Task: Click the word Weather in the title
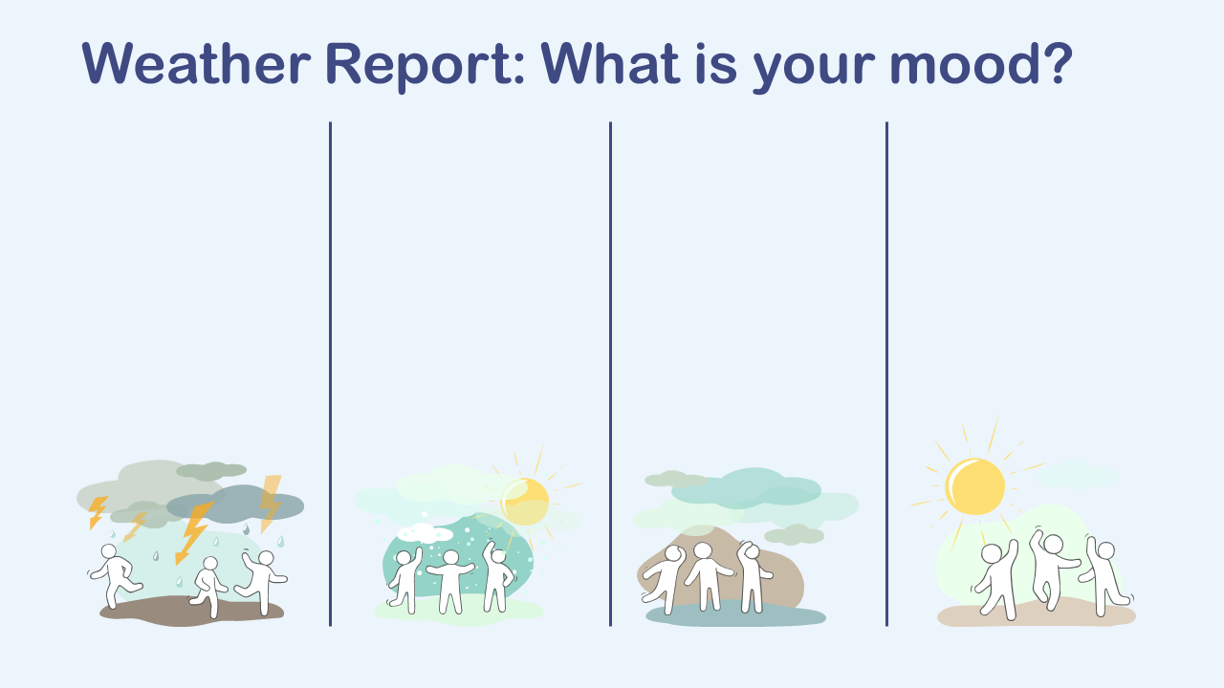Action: click(x=196, y=63)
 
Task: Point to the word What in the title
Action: click(x=610, y=63)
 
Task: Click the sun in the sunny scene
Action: click(x=974, y=486)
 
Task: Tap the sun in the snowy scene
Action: click(x=525, y=502)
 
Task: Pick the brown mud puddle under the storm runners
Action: click(x=191, y=611)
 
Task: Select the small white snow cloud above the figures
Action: click(x=425, y=532)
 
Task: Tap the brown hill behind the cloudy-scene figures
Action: click(x=721, y=570)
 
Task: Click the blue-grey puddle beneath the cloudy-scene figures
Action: click(x=735, y=614)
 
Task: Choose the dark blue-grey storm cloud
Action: click(x=235, y=504)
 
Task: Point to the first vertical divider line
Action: click(x=330, y=374)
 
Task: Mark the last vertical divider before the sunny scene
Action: click(x=886, y=374)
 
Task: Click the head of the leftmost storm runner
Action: click(x=109, y=551)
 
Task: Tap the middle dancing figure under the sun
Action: click(x=1052, y=568)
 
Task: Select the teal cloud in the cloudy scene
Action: click(x=746, y=488)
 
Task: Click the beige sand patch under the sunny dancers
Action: click(x=1037, y=613)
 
